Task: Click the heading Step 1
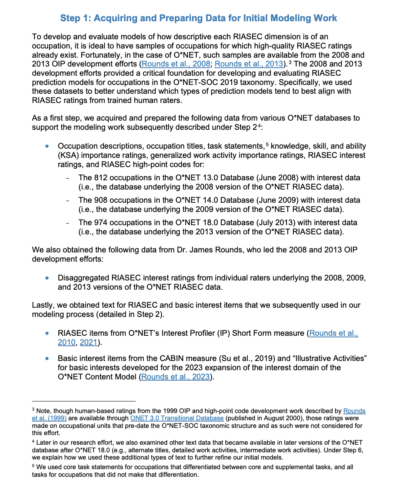[198, 18]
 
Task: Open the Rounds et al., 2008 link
[176, 64]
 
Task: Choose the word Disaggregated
[83, 278]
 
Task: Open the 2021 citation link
[88, 342]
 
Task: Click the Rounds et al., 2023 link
[175, 377]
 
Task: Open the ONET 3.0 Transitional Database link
[177, 418]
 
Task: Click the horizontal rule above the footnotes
[84, 401]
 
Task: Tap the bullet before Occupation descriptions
[48, 146]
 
